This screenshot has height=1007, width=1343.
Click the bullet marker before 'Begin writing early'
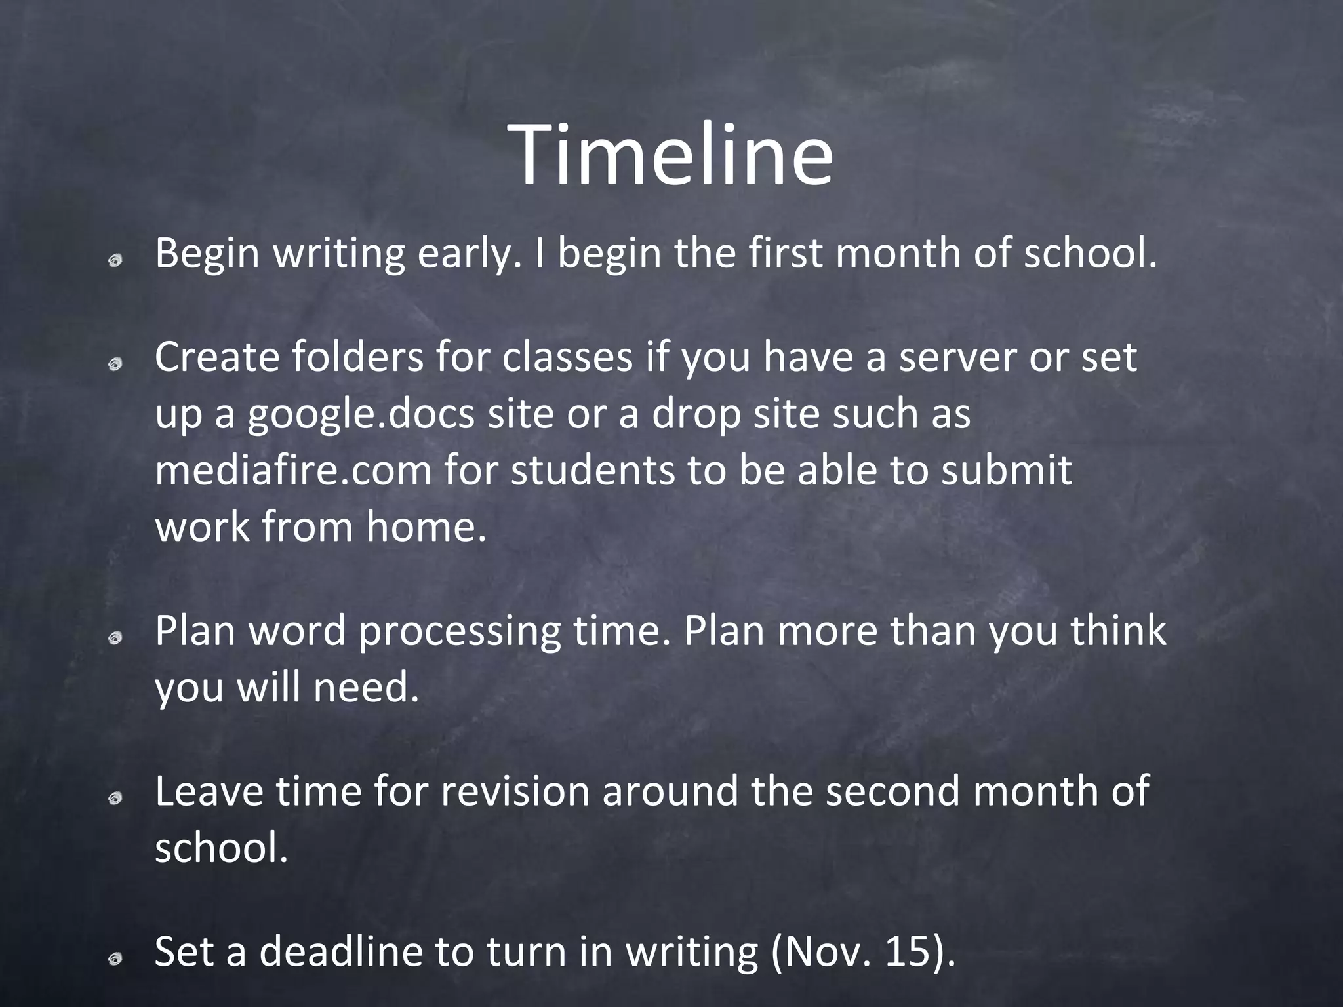[115, 260]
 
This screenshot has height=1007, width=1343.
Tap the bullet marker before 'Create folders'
[115, 364]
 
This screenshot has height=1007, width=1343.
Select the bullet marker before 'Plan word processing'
[115, 638]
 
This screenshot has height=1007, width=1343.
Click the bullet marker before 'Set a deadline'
[115, 959]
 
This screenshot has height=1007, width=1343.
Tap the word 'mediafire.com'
[293, 471]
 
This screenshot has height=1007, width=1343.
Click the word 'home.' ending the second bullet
[426, 527]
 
